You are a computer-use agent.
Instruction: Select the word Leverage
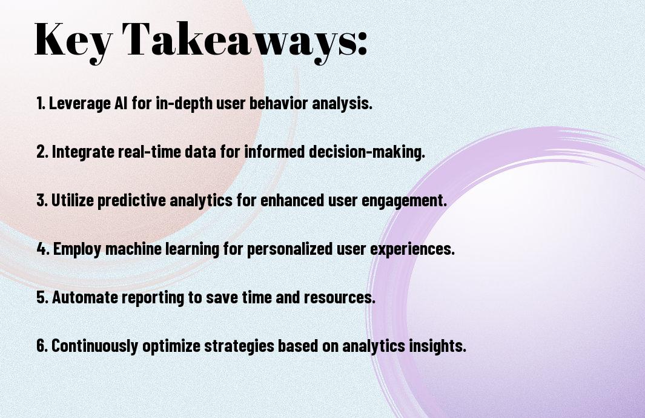pyautogui.click(x=80, y=104)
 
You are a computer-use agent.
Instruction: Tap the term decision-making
pyautogui.click(x=366, y=152)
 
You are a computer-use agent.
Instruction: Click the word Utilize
pyautogui.click(x=72, y=200)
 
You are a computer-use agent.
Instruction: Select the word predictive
pyautogui.click(x=131, y=201)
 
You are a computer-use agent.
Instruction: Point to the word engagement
pyautogui.click(x=404, y=201)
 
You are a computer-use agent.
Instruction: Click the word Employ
pyautogui.click(x=77, y=249)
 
